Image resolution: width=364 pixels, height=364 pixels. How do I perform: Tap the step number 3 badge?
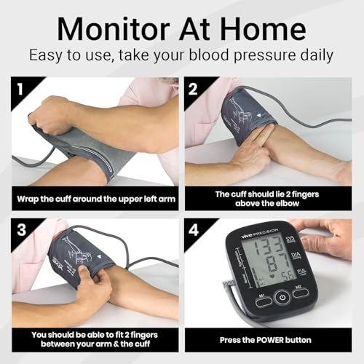[x=19, y=229]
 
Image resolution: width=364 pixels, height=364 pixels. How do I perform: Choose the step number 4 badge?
[x=193, y=229]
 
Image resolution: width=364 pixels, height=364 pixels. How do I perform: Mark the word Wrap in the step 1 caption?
[x=29, y=199]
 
